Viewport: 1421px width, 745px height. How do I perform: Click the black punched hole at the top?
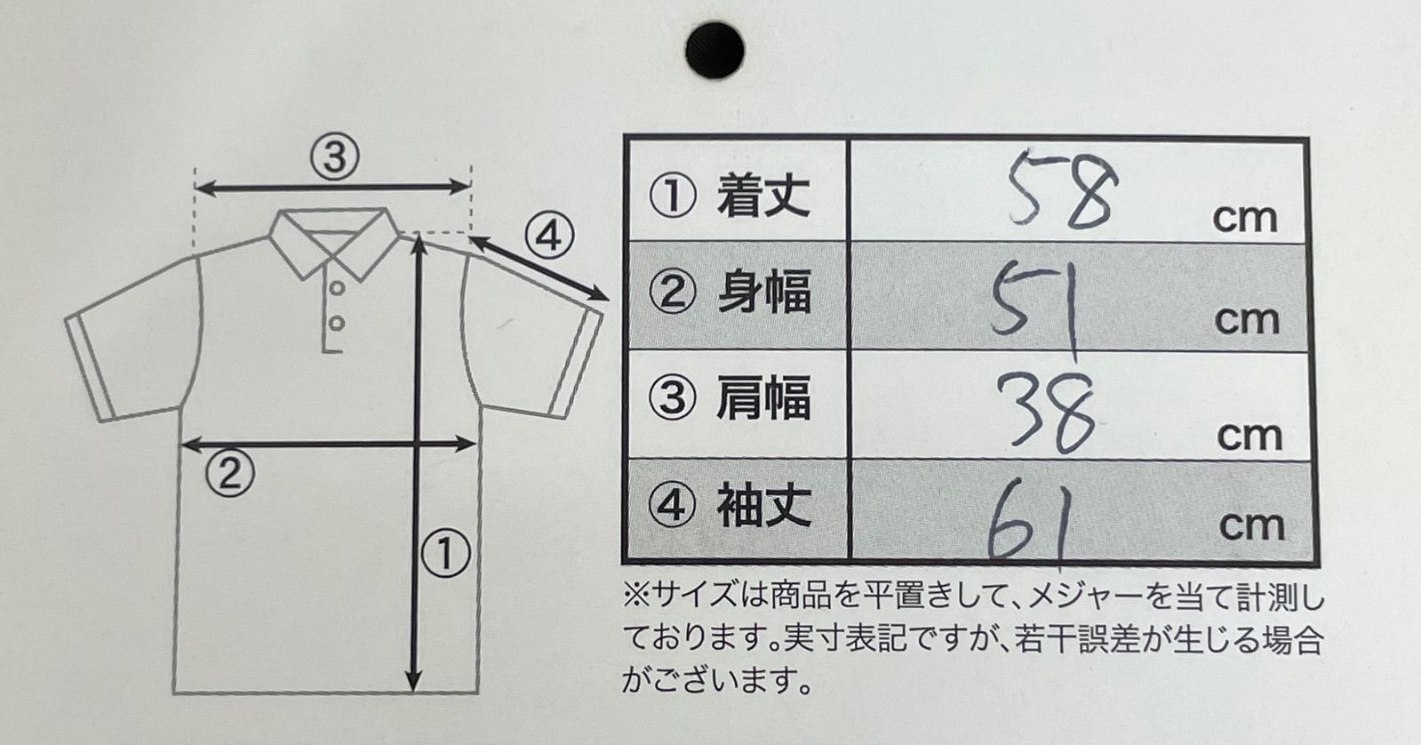[714, 50]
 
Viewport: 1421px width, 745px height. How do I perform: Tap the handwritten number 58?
[1062, 189]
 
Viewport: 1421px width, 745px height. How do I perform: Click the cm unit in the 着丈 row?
[1244, 219]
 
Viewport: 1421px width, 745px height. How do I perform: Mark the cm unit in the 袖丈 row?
[1251, 525]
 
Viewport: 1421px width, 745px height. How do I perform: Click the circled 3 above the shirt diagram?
[334, 157]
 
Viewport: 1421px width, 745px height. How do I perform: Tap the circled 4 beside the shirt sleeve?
[548, 236]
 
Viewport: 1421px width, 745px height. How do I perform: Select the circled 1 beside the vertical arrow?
[445, 553]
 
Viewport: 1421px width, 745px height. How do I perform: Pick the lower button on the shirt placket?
[336, 324]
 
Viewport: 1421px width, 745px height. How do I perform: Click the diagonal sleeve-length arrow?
[539, 268]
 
